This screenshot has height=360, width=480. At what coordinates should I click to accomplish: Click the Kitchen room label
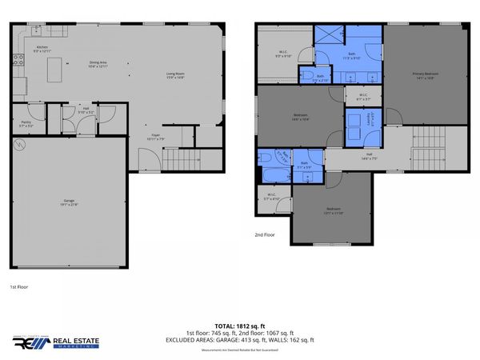tap(42, 49)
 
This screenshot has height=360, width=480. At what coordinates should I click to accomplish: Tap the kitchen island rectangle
tap(54, 71)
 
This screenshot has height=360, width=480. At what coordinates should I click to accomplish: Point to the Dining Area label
tap(98, 64)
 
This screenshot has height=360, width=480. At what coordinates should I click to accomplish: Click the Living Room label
tap(175, 76)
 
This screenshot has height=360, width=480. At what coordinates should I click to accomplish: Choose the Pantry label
tap(26, 124)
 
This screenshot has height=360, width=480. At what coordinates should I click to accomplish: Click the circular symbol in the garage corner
tap(21, 145)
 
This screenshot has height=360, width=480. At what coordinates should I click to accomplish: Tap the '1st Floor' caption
tap(19, 286)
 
